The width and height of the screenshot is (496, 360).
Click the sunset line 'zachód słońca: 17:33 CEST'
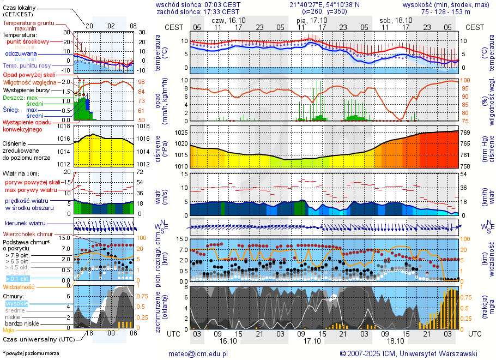pos(197,11)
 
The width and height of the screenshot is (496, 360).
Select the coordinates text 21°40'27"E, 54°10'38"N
pos(325,4)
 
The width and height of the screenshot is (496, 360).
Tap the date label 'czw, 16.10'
pos(228,20)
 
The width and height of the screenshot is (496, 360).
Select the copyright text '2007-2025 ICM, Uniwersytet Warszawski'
pos(412,353)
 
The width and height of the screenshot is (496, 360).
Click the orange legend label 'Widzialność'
pos(19,286)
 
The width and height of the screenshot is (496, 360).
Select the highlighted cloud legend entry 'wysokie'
pos(16,303)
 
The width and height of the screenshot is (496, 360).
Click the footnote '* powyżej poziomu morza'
pos(31,353)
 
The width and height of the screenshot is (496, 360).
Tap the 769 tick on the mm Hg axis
pos(467,133)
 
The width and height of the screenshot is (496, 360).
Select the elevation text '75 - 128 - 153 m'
pos(445,11)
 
